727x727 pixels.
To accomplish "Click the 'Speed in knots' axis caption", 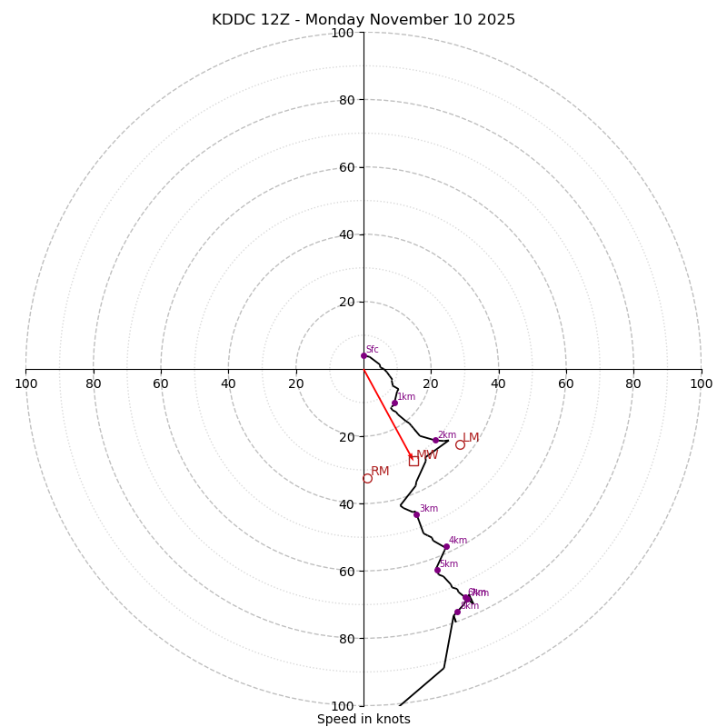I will pyautogui.click(x=363, y=719).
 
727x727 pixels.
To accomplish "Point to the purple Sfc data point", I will pyautogui.click(x=363, y=355).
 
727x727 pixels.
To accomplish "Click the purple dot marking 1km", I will pyautogui.click(x=394, y=403).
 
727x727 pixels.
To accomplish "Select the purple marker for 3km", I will pyautogui.click(x=416, y=514).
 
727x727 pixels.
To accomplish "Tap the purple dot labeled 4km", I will pyautogui.click(x=446, y=546).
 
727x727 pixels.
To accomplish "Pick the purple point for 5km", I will pyautogui.click(x=437, y=571).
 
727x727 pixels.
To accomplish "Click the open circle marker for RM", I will pyautogui.click(x=367, y=478).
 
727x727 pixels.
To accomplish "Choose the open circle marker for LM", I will pyautogui.click(x=460, y=444).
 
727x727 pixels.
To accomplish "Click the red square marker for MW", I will pyautogui.click(x=413, y=461).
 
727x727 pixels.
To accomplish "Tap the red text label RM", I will pyautogui.click(x=380, y=471).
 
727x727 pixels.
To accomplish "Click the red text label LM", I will pyautogui.click(x=471, y=438).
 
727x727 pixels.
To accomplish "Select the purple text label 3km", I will pyautogui.click(x=429, y=509).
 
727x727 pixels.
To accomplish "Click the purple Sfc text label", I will pyautogui.click(x=373, y=350).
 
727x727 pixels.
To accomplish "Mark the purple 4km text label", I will pyautogui.click(x=458, y=541).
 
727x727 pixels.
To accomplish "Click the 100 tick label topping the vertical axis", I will pyautogui.click(x=343, y=33).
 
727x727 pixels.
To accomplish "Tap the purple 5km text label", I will pyautogui.click(x=449, y=564).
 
